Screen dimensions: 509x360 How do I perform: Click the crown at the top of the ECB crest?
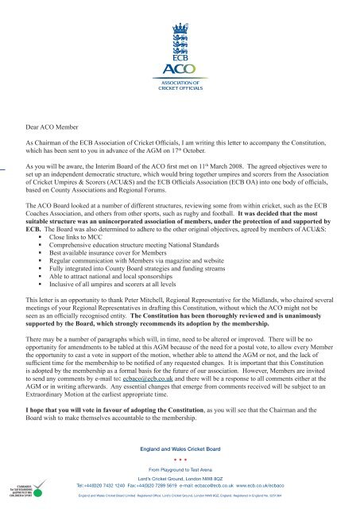(180, 10)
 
